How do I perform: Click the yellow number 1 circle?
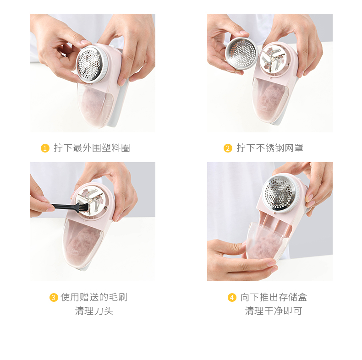[x=45, y=148]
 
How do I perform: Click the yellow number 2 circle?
[x=228, y=148]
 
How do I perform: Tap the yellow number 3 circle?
[x=54, y=297]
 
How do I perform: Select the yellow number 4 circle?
[x=232, y=297]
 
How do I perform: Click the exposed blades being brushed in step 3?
[x=91, y=201]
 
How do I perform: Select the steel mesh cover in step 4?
[x=280, y=193]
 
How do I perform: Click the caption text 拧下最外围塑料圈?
[x=92, y=148]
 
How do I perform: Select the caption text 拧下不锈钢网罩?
[x=270, y=148]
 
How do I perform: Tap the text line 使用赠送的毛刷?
[x=94, y=297]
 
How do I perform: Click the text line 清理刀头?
[x=94, y=311]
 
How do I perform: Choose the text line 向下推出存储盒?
[x=274, y=297]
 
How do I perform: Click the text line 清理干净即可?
[x=274, y=311]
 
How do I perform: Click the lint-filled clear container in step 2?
[x=270, y=100]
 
